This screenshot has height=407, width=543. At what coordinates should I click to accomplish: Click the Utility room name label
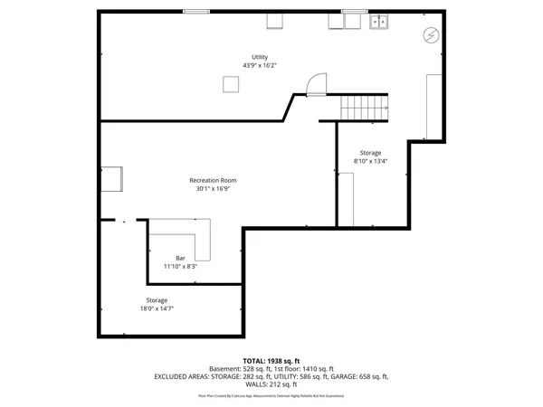(260, 57)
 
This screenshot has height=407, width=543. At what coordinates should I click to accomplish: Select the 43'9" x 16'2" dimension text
(260, 65)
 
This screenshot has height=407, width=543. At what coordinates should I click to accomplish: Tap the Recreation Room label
(213, 180)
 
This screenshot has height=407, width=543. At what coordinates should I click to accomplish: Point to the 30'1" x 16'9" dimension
(213, 188)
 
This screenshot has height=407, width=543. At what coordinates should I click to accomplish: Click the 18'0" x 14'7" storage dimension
(157, 308)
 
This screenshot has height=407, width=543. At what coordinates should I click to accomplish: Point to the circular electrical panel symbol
(431, 35)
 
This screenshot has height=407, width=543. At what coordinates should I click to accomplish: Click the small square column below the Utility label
(231, 84)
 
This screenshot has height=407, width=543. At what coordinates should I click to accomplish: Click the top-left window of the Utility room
(196, 11)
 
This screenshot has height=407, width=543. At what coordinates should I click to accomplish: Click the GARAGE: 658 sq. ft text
(356, 376)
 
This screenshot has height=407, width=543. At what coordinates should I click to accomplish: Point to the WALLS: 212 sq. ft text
(271, 384)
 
